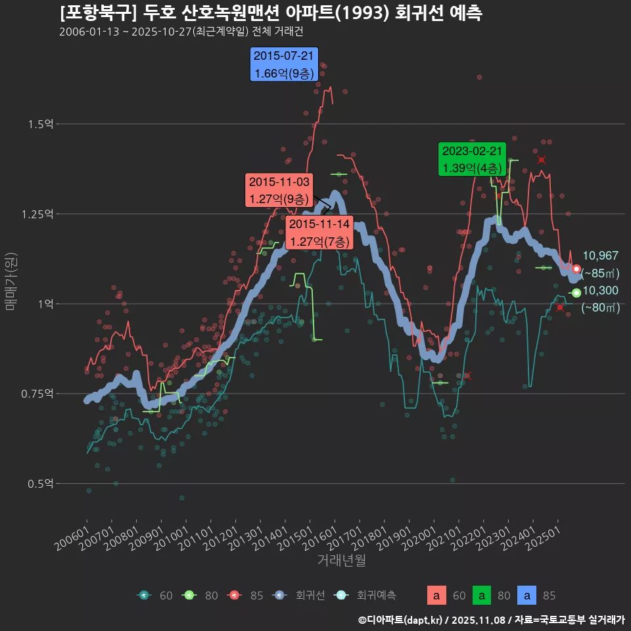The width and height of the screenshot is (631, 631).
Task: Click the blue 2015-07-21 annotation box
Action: tap(285, 64)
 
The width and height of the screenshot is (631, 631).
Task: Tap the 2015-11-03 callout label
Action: tap(279, 190)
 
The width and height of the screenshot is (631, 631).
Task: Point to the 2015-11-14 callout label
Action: tap(319, 233)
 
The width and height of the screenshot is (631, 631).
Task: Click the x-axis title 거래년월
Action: tap(342, 560)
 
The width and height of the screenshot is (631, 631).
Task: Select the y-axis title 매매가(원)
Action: tap(11, 281)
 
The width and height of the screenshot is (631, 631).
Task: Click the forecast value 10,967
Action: tap(600, 256)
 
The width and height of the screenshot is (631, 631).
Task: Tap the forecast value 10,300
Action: tap(600, 291)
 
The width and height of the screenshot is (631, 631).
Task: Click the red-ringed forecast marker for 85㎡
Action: tap(576, 269)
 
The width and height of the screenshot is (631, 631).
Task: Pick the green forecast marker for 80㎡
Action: tap(576, 293)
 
